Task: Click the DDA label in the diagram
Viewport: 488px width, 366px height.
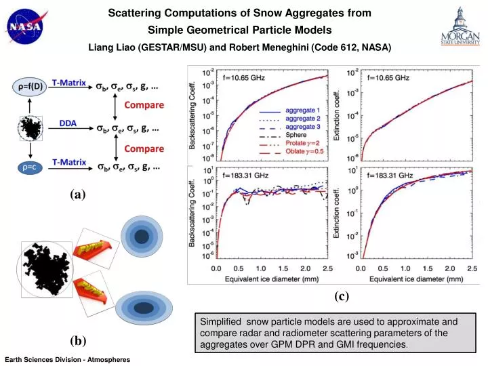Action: pyautogui.click(x=66, y=123)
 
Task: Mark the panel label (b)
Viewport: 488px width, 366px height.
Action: pyautogui.click(x=77, y=338)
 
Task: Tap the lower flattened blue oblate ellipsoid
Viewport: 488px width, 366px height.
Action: pyautogui.click(x=143, y=307)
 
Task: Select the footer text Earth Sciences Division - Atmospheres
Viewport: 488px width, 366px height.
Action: pyautogui.click(x=66, y=359)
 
